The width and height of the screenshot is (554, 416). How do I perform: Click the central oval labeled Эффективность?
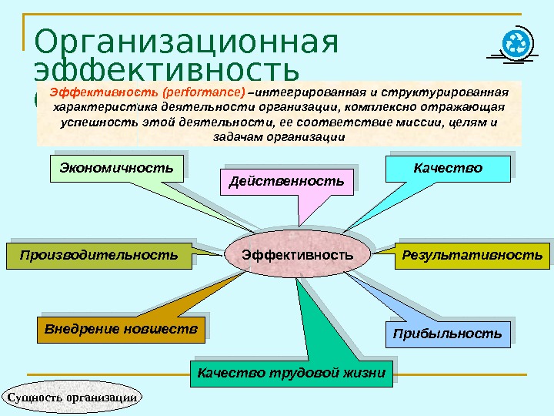297,254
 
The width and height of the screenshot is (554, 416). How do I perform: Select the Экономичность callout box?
117,167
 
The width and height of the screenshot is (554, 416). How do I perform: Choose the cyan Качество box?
447,167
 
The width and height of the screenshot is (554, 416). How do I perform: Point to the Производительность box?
98,254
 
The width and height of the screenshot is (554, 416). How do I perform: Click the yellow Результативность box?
472,254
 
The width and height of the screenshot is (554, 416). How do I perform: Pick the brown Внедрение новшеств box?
121,330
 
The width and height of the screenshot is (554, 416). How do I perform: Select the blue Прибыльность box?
447,334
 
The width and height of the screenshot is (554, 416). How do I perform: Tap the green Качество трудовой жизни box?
291,374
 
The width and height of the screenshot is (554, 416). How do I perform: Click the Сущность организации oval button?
73,397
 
